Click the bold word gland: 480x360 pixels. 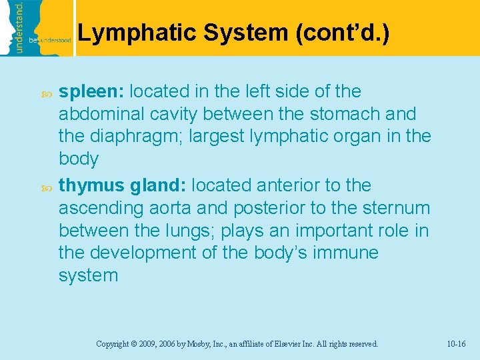(157, 185)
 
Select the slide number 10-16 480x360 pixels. (457, 344)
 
